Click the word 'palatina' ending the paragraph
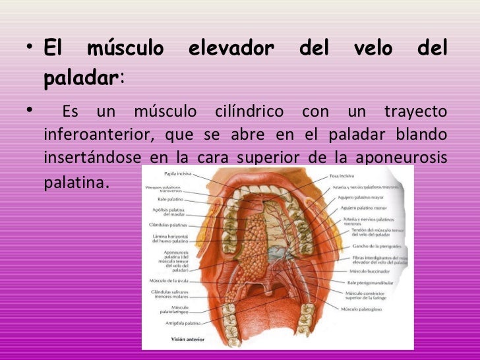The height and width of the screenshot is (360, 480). coord(74,180)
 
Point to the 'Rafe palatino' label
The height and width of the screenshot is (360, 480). coord(170,198)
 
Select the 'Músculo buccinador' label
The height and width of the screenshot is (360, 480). coord(369,271)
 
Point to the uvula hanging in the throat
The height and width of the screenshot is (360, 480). coord(270,292)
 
